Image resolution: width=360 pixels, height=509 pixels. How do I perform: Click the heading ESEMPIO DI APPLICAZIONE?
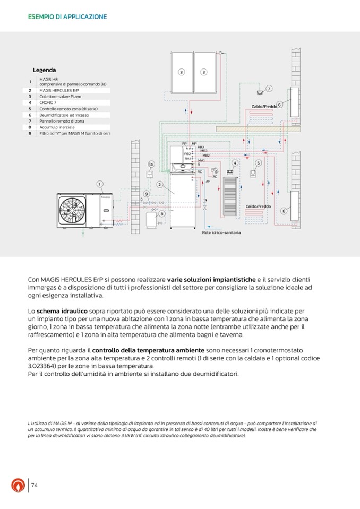point(67,17)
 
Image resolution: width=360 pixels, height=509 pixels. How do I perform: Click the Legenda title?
point(45,70)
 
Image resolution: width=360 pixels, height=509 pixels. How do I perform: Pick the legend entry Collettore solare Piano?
point(58,97)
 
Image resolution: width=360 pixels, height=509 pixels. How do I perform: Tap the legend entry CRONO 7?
point(48,102)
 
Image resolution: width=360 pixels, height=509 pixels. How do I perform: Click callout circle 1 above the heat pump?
point(99,184)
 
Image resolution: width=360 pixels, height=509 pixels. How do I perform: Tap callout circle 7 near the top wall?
point(269,89)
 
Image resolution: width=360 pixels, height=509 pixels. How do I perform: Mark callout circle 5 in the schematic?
point(258,163)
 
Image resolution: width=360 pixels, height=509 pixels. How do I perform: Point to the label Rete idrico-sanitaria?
point(221,232)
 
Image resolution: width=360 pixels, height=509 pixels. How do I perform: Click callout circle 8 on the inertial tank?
point(162,213)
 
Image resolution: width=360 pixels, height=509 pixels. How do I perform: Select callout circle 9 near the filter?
point(146,194)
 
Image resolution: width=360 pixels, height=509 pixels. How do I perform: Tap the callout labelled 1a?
point(151,164)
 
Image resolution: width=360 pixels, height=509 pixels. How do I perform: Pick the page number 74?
point(35,485)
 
